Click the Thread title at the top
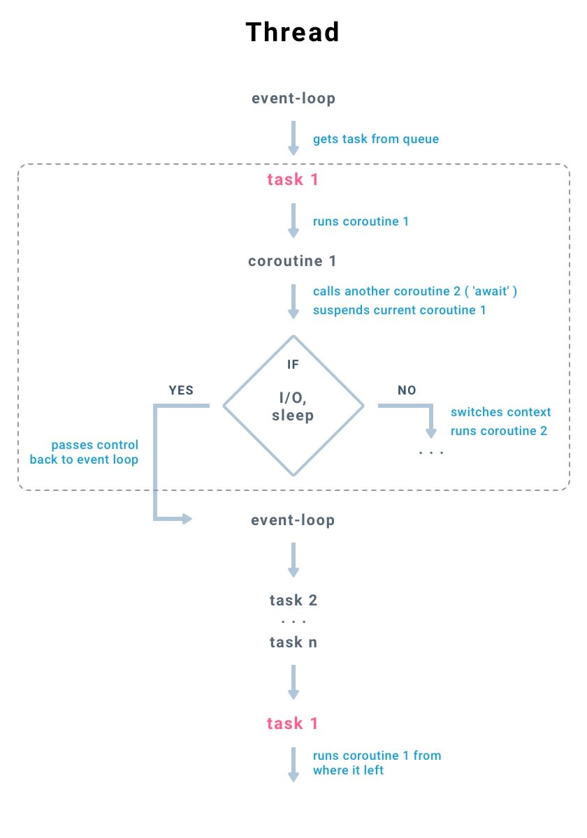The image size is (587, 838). click(293, 32)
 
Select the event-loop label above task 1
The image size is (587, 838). click(293, 98)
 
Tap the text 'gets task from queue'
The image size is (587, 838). click(376, 139)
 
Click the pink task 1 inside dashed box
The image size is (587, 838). click(293, 179)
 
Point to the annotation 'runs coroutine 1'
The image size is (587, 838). click(361, 221)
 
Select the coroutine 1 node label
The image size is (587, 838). click(293, 262)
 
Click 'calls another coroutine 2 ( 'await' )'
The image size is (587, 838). click(414, 291)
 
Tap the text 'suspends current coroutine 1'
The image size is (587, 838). click(399, 309)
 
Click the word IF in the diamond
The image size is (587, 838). click(293, 365)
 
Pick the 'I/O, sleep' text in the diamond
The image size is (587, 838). click(293, 407)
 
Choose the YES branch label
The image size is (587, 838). click(181, 390)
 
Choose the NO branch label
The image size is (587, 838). click(407, 390)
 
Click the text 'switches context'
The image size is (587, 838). click(500, 412)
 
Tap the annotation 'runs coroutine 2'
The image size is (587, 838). click(499, 431)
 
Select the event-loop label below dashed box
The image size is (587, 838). click(293, 520)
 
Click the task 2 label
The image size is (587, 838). click(293, 601)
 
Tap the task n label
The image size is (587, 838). click(293, 642)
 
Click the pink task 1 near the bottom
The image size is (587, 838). click(293, 723)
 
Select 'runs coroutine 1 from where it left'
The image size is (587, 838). click(376, 763)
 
